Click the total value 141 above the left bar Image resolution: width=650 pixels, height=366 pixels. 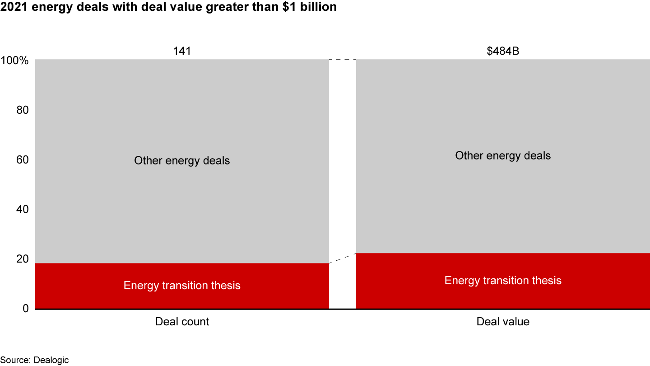click(182, 51)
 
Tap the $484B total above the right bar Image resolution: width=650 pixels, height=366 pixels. click(503, 51)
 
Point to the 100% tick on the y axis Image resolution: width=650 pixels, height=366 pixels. click(14, 61)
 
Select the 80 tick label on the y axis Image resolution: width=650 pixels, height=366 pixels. click(23, 110)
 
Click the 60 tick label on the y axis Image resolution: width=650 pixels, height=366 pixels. click(23, 160)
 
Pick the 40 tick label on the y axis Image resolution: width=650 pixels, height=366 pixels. click(23, 210)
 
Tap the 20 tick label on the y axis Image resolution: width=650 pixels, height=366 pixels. click(23, 259)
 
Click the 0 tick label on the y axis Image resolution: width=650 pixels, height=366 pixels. click(25, 309)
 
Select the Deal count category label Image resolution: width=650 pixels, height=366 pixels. click(182, 322)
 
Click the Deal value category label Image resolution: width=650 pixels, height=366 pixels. click(503, 322)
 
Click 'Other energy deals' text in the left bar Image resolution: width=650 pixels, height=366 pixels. click(182, 160)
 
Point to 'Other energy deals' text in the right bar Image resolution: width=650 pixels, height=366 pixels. click(503, 156)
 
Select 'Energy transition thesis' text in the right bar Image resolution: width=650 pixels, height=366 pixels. click(503, 281)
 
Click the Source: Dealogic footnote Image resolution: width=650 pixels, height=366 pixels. click(34, 360)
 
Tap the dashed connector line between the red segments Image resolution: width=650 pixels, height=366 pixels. click(343, 258)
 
